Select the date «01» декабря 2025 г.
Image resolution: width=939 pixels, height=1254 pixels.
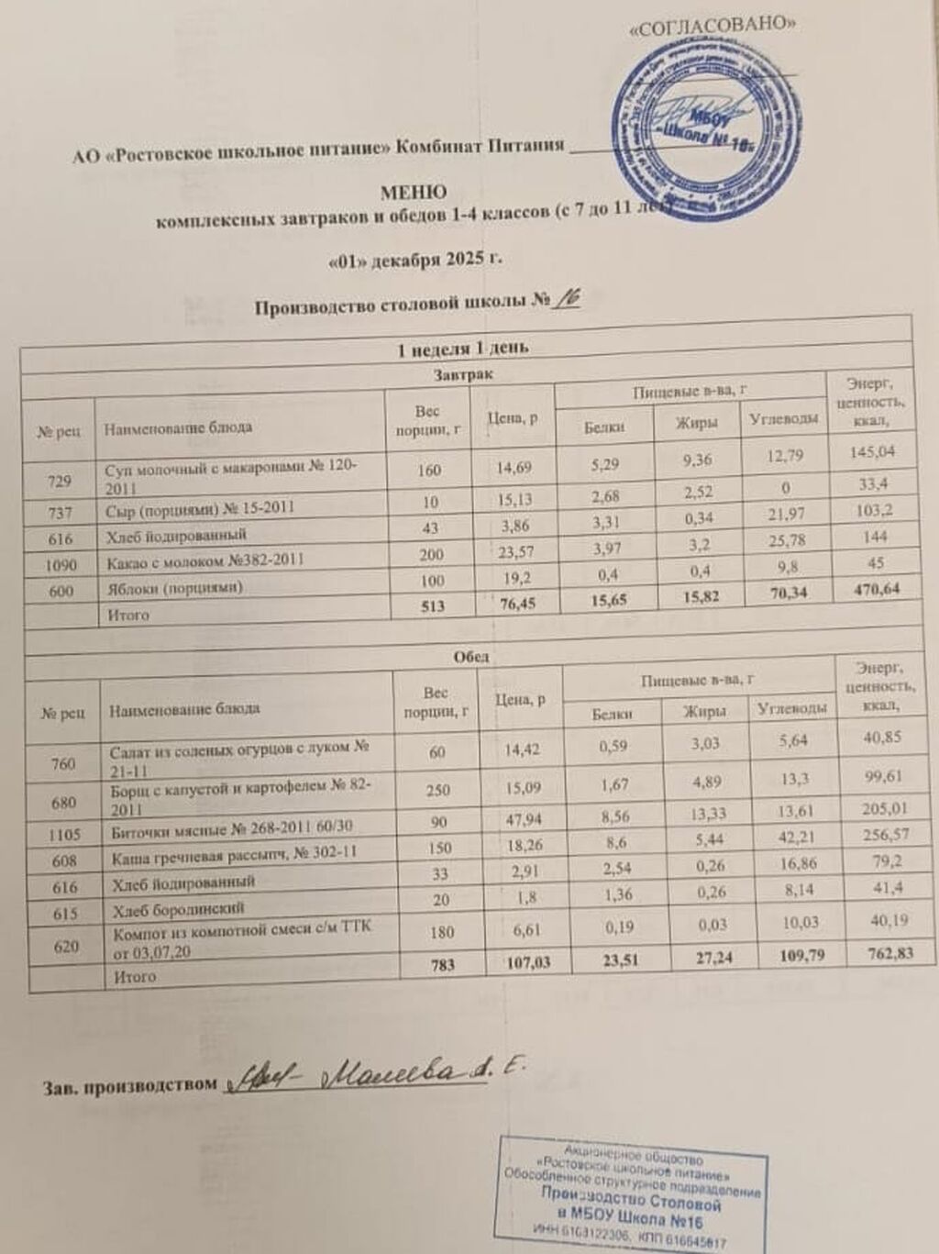414,260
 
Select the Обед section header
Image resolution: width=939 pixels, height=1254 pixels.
471,656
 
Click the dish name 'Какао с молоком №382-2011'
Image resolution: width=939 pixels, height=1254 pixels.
205,559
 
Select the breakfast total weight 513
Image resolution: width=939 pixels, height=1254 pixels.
429,605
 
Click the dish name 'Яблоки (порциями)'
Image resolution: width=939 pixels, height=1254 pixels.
175,588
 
